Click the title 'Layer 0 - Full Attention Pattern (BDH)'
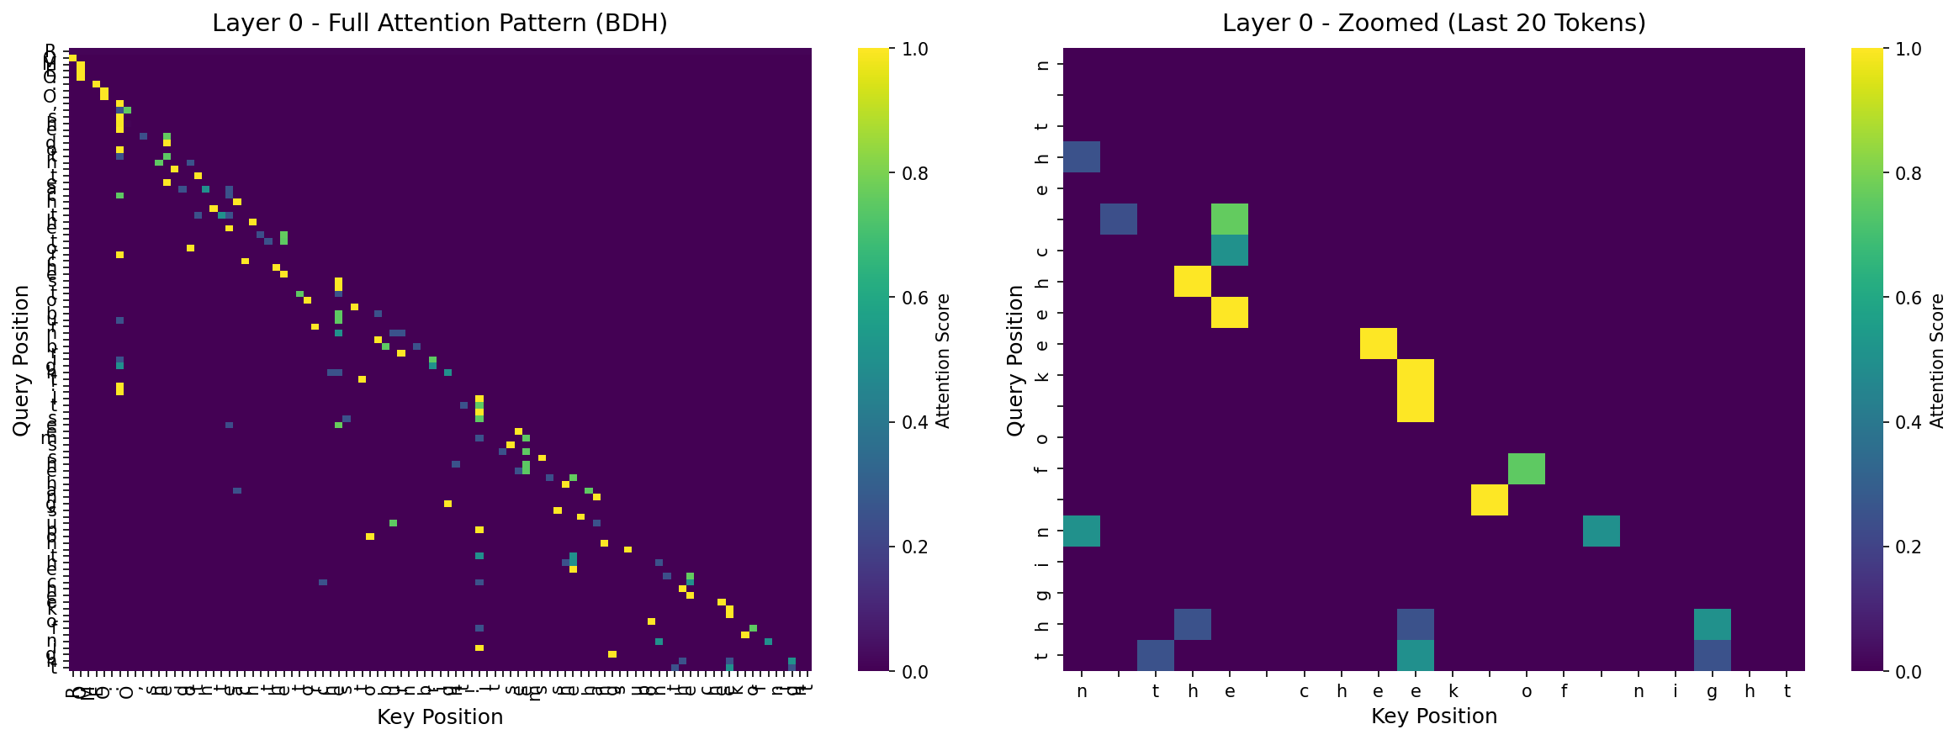440,23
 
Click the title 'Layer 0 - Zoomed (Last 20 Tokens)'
1433,23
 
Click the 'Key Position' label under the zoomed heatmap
1433,716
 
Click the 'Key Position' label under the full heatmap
440,716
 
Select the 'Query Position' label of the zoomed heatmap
1015,360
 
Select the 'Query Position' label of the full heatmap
22,360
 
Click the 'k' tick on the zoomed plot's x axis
1453,691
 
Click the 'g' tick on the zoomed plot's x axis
1713,692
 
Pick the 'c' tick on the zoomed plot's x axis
1304,691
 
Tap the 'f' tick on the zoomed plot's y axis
1043,469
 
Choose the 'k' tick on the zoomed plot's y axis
1043,376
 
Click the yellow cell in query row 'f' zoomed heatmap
1490,500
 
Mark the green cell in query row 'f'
1527,469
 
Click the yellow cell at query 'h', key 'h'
1193,282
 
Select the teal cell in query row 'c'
1230,251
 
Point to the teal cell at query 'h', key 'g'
1713,625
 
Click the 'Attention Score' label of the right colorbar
1937,360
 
